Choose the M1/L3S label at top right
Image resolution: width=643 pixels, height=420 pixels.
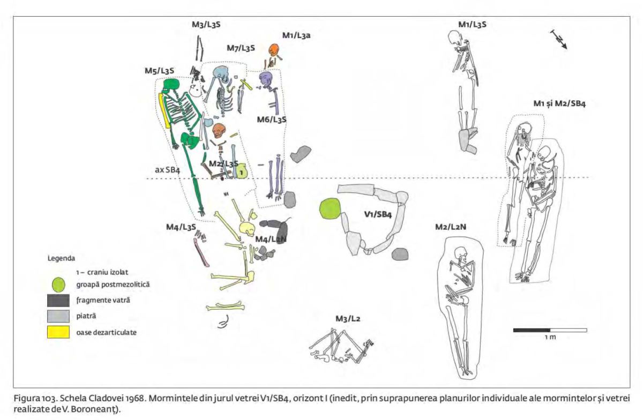pos(472,24)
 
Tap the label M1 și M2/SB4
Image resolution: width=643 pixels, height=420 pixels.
pos(559,103)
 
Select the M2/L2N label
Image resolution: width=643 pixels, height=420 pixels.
pos(451,228)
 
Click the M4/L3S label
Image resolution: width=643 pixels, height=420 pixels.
pos(181,227)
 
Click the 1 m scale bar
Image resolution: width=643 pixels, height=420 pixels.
pos(550,330)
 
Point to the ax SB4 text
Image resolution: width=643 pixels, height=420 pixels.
pos(167,169)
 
